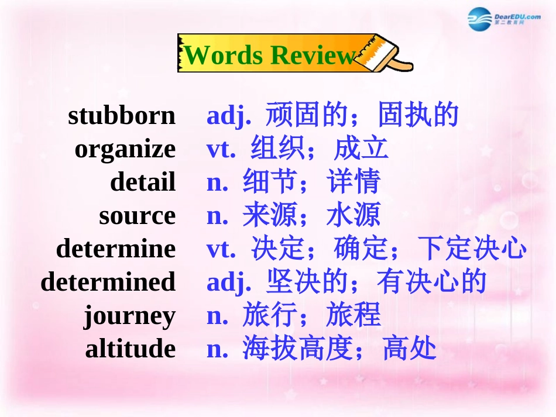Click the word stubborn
pyautogui.click(x=122, y=115)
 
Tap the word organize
pyautogui.click(x=125, y=149)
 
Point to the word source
pyautogui.click(x=137, y=215)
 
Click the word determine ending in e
pyautogui.click(x=116, y=249)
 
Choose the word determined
pyautogui.click(x=108, y=282)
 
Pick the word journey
pyautogui.click(x=129, y=316)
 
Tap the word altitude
pyautogui.click(x=131, y=349)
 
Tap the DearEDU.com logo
pyautogui.click(x=504, y=19)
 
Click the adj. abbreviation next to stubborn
pyautogui.click(x=229, y=116)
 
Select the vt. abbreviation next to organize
pyautogui.click(x=221, y=149)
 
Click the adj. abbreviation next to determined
pyautogui.click(x=229, y=282)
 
